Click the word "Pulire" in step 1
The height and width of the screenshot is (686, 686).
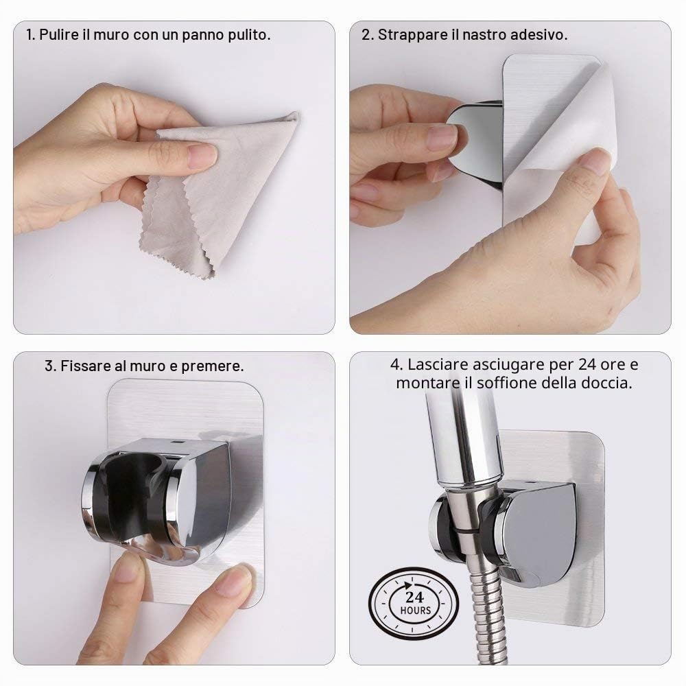(x=58, y=34)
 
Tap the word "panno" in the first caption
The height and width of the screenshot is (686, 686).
(x=202, y=36)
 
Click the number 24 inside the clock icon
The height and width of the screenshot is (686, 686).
(x=414, y=597)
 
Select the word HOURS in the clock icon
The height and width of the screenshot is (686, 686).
(x=415, y=611)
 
